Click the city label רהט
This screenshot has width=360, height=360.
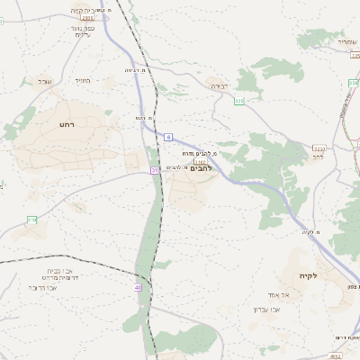click(66, 123)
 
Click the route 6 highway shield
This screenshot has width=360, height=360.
click(167, 136)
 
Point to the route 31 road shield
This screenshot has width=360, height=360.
click(155, 169)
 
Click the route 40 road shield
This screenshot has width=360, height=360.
click(138, 287)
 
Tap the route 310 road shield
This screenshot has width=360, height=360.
click(32, 220)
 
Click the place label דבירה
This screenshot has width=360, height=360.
click(220, 86)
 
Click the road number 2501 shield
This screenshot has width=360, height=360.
click(86, 18)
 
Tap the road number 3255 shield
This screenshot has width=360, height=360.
click(319, 147)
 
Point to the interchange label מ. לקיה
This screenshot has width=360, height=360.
click(311, 233)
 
